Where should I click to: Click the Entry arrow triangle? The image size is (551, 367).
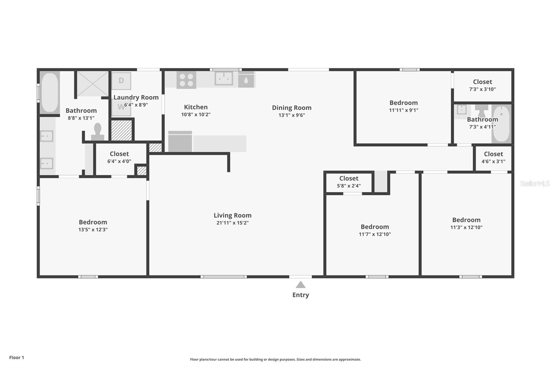(x=301, y=285)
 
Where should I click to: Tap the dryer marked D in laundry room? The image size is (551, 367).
(x=121, y=81)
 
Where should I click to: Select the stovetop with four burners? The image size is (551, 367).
(x=186, y=80)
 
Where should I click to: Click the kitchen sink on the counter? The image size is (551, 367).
(x=224, y=78)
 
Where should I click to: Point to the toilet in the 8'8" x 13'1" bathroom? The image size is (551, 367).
(x=98, y=132)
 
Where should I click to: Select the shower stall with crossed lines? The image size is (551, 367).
(x=93, y=84)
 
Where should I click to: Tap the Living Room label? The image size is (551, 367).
(x=232, y=216)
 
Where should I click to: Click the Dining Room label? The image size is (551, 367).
(x=292, y=108)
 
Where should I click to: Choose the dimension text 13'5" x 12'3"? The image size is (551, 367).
(x=93, y=230)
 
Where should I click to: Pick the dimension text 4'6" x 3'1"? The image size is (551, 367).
(x=493, y=161)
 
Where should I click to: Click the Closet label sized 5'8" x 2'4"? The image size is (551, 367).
(x=349, y=178)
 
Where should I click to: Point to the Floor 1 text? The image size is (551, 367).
(x=17, y=358)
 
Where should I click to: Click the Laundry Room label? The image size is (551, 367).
(x=136, y=97)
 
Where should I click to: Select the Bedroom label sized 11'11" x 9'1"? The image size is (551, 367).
(x=403, y=103)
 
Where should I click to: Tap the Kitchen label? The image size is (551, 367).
(x=196, y=107)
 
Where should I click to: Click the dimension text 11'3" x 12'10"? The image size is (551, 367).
(x=466, y=228)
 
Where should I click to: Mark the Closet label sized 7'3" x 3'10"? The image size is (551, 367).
(x=482, y=82)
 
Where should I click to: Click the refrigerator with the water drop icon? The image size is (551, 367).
(x=246, y=80)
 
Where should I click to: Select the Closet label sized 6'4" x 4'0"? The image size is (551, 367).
(x=119, y=154)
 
